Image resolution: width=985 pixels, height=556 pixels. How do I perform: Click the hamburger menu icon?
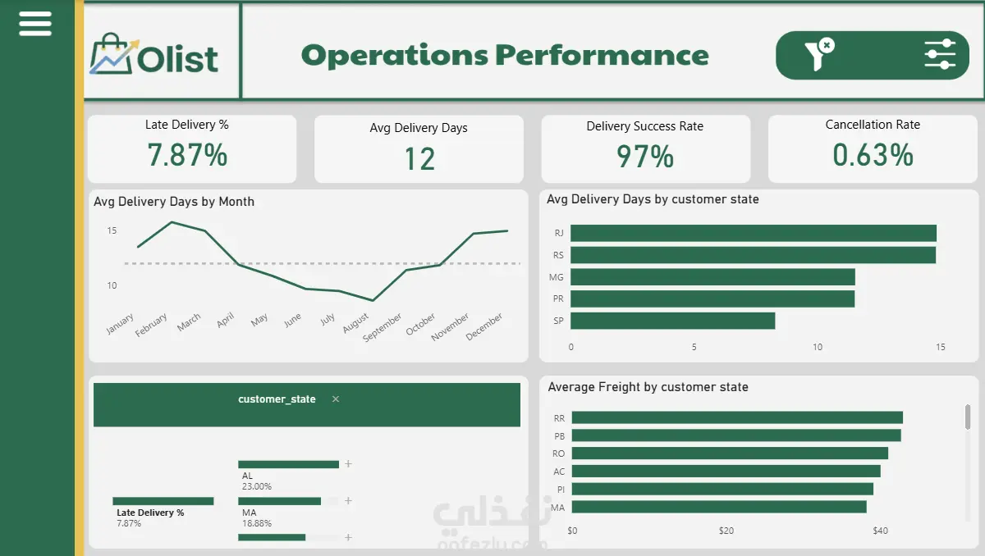tap(35, 24)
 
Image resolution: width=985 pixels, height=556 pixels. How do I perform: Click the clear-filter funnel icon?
tap(819, 54)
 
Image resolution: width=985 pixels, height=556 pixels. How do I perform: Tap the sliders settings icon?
tap(940, 54)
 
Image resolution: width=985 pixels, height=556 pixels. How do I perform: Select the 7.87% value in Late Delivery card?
tap(187, 155)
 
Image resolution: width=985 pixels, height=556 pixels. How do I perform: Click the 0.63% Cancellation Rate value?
tap(873, 155)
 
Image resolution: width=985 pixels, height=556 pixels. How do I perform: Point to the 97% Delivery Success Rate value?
tap(645, 157)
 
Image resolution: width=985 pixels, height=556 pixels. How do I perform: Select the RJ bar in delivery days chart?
tap(754, 233)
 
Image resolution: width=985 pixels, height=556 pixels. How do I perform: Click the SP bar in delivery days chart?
tap(673, 321)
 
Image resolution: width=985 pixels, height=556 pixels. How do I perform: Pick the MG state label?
tap(557, 277)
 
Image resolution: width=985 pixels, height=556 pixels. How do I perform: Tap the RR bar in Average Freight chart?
tap(737, 417)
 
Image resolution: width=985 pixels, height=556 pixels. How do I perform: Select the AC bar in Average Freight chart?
tap(726, 472)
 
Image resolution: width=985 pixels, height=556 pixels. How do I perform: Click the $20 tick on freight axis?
tap(726, 531)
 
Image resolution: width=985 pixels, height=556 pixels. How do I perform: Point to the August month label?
tap(355, 323)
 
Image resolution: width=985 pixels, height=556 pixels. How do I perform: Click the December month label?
tap(484, 326)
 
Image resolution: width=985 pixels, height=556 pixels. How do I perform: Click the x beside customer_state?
tap(336, 399)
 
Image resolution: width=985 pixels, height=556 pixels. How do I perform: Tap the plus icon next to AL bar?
tap(348, 464)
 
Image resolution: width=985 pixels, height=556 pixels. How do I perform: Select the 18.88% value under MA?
tap(257, 523)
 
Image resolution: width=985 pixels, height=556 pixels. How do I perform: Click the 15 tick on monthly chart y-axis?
tap(112, 230)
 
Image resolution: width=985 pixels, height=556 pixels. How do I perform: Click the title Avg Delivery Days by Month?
tap(174, 202)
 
